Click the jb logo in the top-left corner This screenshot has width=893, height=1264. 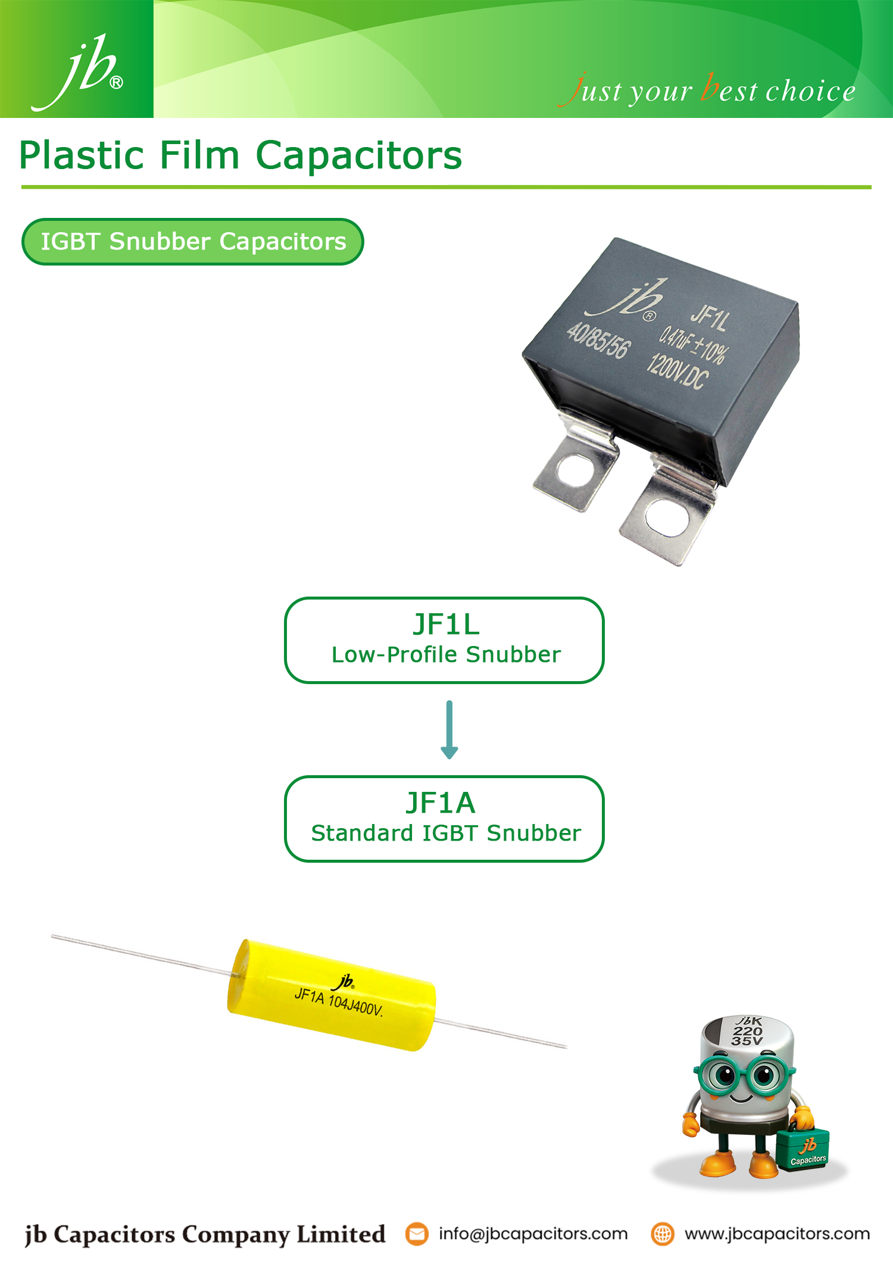[x=77, y=71]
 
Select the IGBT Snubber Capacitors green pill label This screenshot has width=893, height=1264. [x=192, y=242]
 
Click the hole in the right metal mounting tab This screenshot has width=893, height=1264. [x=661, y=516]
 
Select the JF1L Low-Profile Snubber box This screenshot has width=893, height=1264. [x=444, y=640]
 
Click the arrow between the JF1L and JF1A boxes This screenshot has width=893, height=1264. [x=449, y=729]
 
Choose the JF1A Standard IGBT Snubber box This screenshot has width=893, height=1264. [x=444, y=819]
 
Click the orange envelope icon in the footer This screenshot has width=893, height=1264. [x=417, y=1234]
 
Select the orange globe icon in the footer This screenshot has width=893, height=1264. [x=662, y=1234]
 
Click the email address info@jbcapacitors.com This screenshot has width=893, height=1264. [x=533, y=1234]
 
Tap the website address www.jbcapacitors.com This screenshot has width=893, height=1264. [x=777, y=1234]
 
